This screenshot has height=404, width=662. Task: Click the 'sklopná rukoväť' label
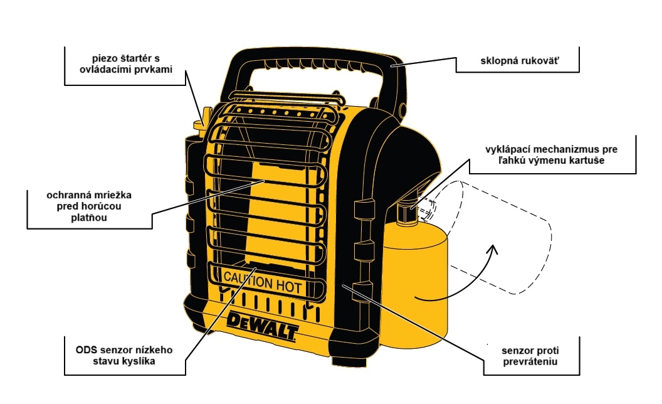[x=517, y=63]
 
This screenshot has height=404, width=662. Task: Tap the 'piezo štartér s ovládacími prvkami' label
[x=125, y=63]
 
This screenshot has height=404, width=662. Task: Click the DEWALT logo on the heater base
[x=263, y=327]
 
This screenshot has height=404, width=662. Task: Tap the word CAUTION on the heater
[x=246, y=280]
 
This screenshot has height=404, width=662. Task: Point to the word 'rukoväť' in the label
[x=535, y=63]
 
